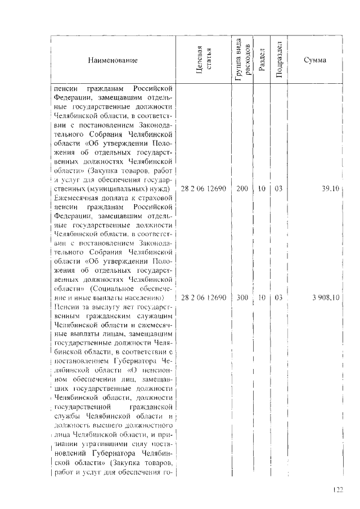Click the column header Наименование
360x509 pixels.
pyautogui.click(x=112, y=60)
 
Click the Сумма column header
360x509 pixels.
pyautogui.click(x=314, y=60)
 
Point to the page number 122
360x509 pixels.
pyautogui.click(x=337, y=490)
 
